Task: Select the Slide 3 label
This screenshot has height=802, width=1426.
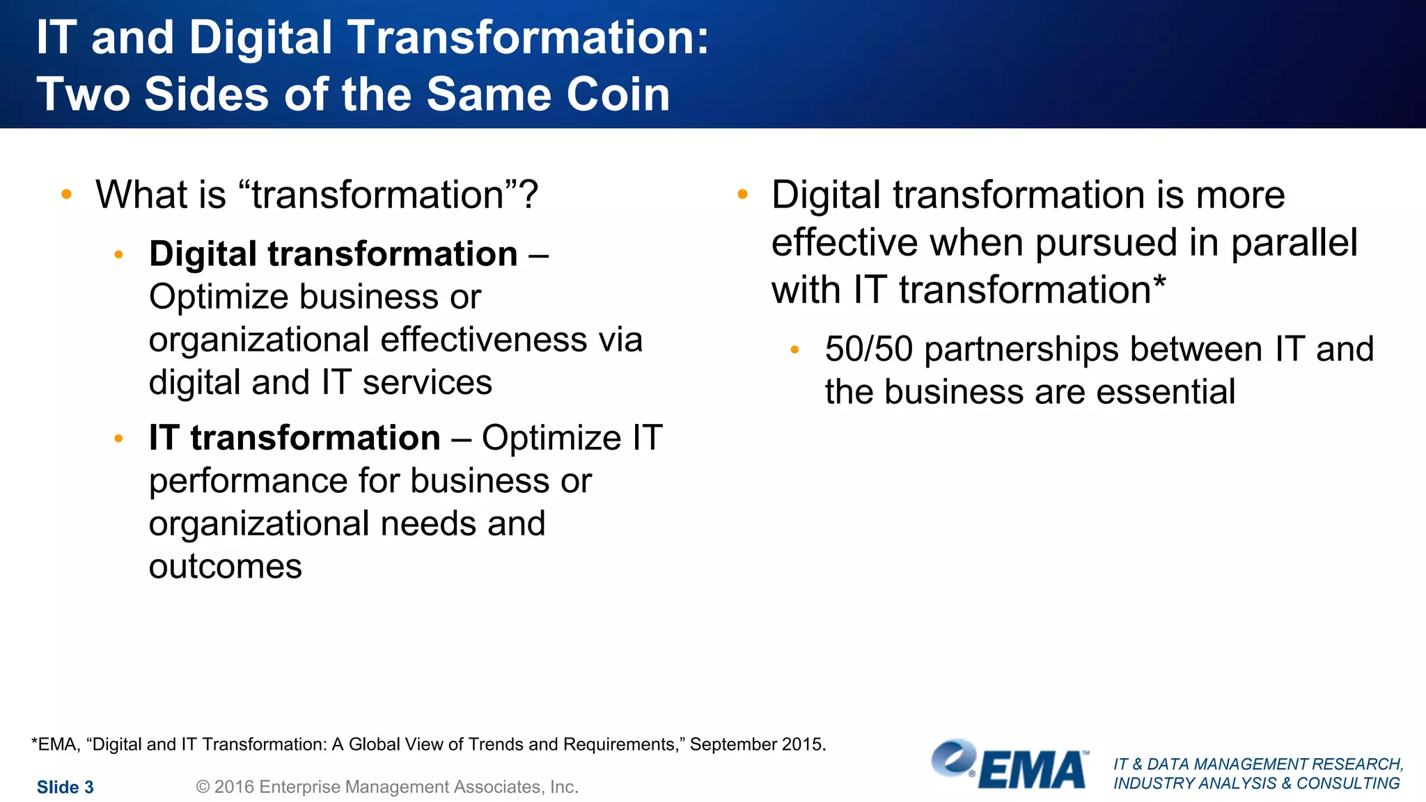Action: (x=65, y=787)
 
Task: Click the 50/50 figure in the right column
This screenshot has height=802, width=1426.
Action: (x=868, y=349)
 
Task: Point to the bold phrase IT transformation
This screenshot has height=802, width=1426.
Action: (x=295, y=438)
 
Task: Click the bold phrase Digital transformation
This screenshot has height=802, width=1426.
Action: (x=333, y=254)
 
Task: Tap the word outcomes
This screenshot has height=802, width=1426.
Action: (x=226, y=567)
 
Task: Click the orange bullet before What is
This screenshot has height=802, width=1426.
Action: (x=66, y=194)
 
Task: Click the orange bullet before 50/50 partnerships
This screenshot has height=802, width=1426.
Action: (x=794, y=349)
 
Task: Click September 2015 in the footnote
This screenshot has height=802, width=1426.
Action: (x=757, y=744)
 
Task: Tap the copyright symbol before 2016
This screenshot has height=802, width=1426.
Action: (x=203, y=787)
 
